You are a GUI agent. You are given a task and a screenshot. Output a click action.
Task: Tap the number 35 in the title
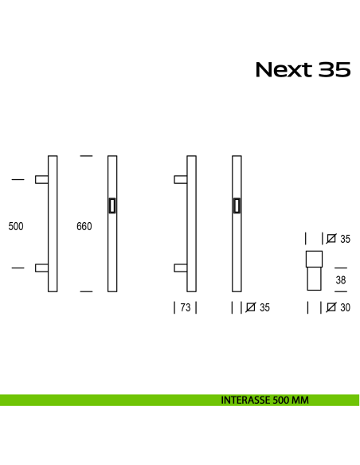point(335,70)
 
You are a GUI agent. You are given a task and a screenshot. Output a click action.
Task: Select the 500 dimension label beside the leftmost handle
point(16,226)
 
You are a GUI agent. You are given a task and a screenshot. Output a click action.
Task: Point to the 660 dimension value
point(84,226)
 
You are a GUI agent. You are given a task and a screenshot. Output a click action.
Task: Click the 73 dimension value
point(185,307)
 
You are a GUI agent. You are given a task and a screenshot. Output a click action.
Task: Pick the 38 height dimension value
point(340,280)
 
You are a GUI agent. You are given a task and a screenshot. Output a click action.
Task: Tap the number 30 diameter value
point(344,307)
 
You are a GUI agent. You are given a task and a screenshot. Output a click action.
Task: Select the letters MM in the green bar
point(299,400)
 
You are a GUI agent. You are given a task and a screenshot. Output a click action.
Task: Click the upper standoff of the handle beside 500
point(41,181)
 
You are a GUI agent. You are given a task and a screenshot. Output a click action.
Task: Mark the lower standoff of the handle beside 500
point(41,269)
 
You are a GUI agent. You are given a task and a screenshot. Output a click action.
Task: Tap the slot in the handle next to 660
point(112,205)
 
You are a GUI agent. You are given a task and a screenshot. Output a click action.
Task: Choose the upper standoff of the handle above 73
point(182,181)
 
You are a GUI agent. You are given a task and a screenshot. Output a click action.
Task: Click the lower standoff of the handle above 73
point(182,269)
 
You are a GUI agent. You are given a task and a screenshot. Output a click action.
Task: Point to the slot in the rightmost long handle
point(237,205)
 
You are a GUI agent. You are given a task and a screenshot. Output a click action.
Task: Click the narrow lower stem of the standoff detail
point(313,281)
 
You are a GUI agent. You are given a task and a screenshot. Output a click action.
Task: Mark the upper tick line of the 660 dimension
point(86,155)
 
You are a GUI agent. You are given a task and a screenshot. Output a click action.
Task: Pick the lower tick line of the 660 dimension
point(86,291)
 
